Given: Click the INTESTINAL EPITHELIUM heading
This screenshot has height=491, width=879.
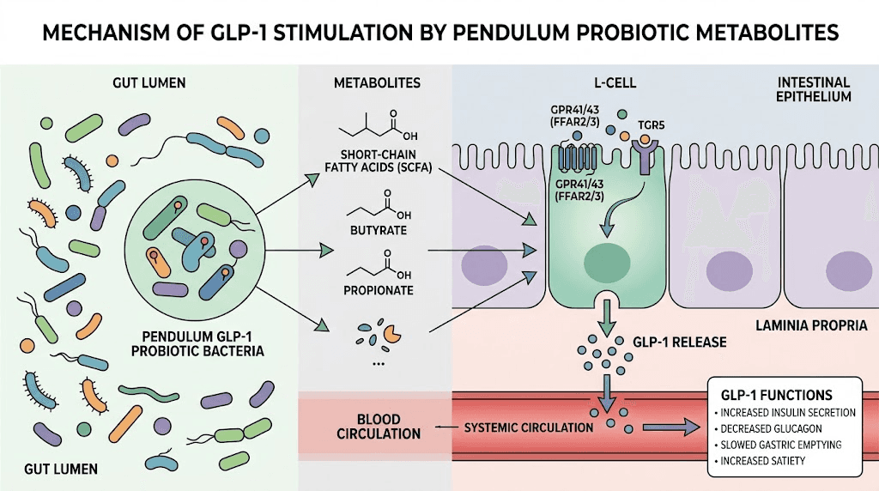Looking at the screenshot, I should click(x=814, y=89).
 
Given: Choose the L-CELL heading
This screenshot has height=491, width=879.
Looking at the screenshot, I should click(x=607, y=82).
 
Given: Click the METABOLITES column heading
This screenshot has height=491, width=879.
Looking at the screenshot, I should click(x=377, y=82).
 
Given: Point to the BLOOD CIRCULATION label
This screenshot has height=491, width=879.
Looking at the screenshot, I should click(x=378, y=427).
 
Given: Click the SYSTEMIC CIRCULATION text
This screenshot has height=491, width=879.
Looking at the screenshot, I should click(x=528, y=427).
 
